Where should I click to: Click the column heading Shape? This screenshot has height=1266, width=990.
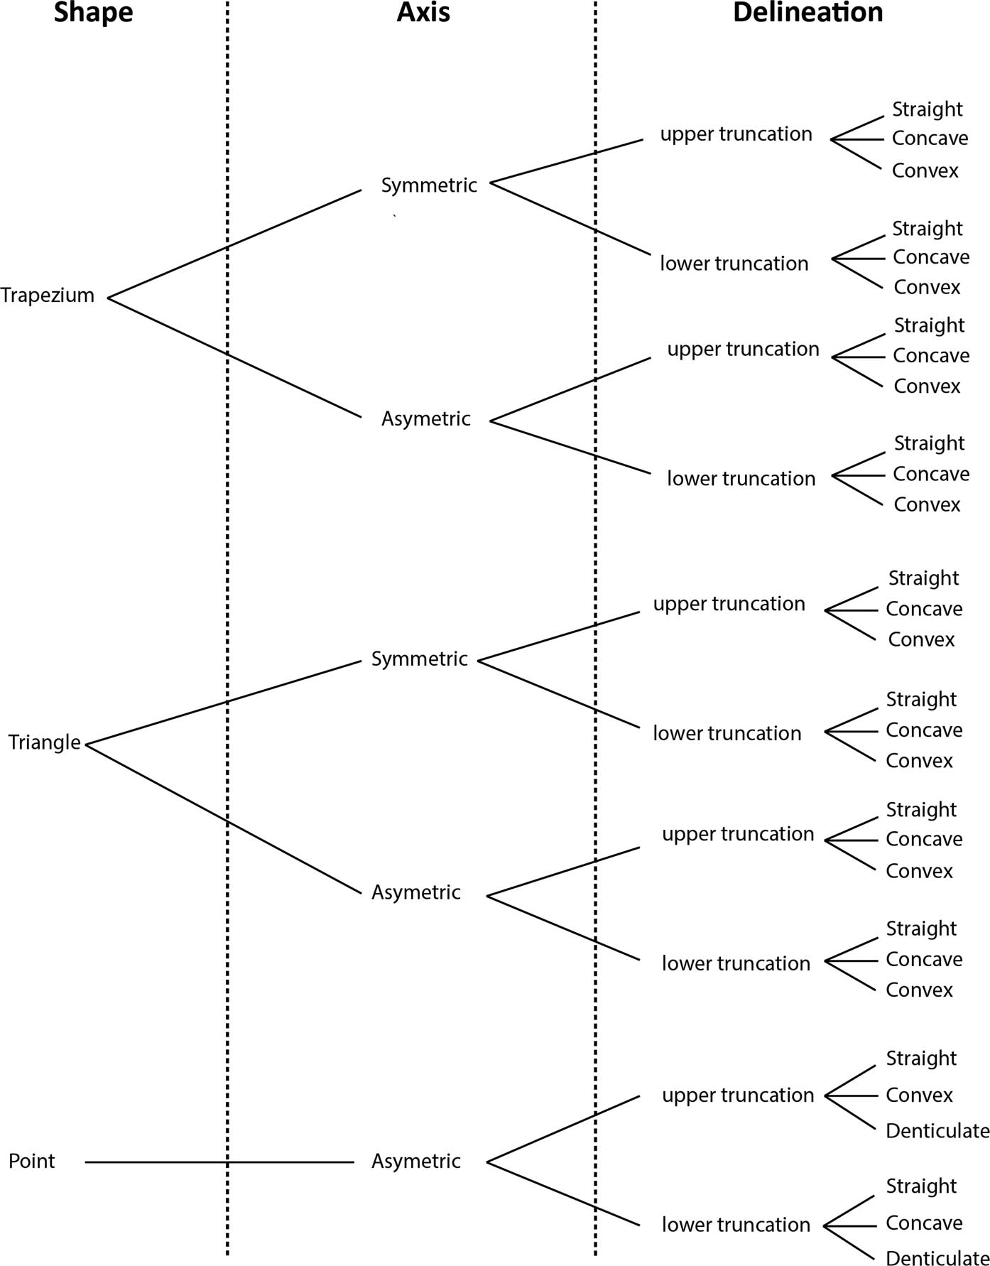coord(94,13)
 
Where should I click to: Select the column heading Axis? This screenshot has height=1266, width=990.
coord(423,12)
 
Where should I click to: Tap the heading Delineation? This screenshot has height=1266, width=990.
coord(808,12)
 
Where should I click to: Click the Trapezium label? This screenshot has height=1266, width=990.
coord(48,296)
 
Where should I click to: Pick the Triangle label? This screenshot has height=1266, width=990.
coord(45,743)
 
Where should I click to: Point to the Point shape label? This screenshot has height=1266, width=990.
coord(32,1161)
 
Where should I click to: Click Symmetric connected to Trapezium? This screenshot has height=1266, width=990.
coord(429,185)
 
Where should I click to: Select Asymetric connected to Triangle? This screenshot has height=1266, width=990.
coord(416,893)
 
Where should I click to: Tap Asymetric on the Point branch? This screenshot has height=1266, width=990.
coord(416,1162)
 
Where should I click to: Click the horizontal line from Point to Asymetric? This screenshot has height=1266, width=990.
coord(219,1162)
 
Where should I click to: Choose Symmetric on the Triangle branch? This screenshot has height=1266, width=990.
coord(420,659)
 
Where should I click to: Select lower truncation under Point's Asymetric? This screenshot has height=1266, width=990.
coord(736,1225)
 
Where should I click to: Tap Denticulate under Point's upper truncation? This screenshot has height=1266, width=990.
coord(937,1131)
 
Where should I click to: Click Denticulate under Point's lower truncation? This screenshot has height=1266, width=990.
coord(937,1258)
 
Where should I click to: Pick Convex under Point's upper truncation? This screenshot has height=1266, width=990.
coord(919,1095)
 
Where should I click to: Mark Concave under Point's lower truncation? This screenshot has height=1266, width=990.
coord(924,1223)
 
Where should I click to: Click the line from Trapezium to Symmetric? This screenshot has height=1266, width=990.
coord(235,244)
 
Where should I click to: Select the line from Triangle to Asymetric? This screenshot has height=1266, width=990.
coord(224,819)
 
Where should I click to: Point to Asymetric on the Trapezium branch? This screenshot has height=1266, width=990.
coord(426,419)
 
